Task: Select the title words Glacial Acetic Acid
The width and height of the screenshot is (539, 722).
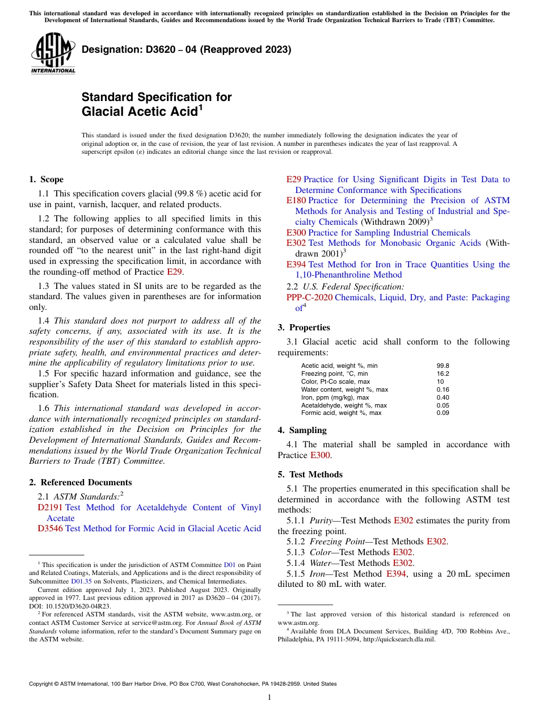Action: [139, 111]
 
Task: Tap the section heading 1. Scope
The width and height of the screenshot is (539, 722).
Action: [46, 179]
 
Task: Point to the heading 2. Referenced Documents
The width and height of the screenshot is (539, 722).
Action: [80, 482]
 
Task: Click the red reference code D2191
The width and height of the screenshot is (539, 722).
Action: [50, 507]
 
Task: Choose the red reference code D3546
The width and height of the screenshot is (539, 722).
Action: [50, 528]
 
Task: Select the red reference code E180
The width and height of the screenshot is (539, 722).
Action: [296, 200]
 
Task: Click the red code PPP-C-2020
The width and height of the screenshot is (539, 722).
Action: [309, 297]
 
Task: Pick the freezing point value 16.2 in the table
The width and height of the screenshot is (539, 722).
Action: [443, 374]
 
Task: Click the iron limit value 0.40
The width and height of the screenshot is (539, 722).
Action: [443, 397]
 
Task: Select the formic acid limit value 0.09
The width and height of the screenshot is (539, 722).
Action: [443, 413]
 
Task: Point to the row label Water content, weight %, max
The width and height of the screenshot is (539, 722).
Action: [344, 389]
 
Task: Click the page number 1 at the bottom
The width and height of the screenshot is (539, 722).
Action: [269, 697]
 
